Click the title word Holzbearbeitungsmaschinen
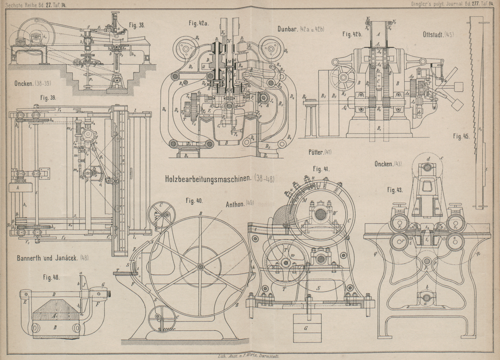208,179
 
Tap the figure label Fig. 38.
137,26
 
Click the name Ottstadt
433,34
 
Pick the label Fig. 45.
461,136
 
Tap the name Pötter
316,152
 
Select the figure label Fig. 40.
194,201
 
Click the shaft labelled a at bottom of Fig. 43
427,298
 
